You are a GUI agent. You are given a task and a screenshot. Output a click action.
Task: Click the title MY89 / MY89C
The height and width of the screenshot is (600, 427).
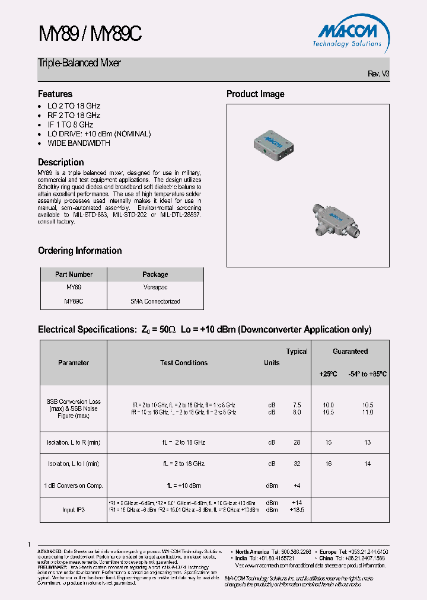[90, 35]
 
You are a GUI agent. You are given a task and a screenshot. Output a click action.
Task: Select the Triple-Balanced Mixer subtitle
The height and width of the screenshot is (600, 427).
[79, 63]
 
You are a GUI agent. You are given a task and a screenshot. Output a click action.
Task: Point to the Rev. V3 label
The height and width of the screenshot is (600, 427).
[378, 74]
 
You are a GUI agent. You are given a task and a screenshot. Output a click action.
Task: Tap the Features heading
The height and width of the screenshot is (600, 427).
[55, 94]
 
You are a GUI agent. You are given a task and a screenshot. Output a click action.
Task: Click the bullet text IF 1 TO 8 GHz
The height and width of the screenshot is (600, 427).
[70, 125]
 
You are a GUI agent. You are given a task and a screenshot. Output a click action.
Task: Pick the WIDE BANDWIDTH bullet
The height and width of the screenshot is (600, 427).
[79, 143]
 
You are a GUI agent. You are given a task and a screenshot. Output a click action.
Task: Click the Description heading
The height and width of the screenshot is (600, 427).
[61, 162]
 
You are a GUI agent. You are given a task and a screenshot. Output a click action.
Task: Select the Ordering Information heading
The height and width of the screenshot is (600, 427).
[80, 250]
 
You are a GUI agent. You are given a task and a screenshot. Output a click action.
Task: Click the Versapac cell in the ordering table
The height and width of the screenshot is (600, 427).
[155, 287]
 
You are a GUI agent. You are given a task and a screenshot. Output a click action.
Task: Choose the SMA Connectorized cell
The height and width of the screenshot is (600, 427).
[155, 301]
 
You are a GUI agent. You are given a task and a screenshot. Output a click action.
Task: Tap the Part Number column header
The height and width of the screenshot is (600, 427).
[74, 275]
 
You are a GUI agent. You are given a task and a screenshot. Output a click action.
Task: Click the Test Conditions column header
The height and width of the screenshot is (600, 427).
[184, 363]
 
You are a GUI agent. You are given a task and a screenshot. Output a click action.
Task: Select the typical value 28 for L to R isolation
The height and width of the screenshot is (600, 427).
[297, 442]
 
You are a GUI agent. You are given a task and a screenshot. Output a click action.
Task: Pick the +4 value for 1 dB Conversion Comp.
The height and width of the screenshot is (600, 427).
[297, 486]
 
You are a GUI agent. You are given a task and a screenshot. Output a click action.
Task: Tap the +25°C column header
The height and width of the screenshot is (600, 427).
[328, 374]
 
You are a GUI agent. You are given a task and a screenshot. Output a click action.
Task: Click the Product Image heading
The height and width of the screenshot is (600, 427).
[256, 94]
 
